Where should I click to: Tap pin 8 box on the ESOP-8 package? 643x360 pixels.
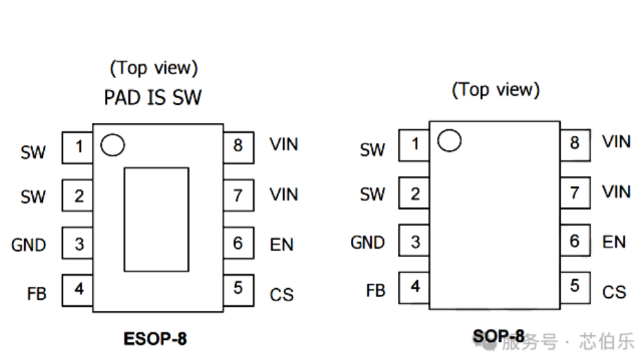pos(238,146)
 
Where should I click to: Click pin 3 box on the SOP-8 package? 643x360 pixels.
pos(414,243)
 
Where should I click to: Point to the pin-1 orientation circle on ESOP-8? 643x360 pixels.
pos(112,145)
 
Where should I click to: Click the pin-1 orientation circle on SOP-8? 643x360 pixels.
pos(449,140)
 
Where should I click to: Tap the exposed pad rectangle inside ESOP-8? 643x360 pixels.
pos(156,219)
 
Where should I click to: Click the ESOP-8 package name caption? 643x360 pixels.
pos(155,339)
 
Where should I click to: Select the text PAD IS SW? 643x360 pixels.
pos(153,97)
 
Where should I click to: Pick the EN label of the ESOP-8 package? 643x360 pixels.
pos(282,245)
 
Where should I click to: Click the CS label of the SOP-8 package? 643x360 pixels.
pos(614,292)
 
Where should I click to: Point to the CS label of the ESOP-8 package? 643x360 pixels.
pos(282,295)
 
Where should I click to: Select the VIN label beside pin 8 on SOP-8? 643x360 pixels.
pos(616,142)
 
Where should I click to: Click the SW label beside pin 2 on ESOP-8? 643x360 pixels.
pos(32,197)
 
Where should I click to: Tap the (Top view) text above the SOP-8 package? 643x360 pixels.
pos(496,90)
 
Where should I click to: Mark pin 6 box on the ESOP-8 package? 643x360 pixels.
pos(238,243)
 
